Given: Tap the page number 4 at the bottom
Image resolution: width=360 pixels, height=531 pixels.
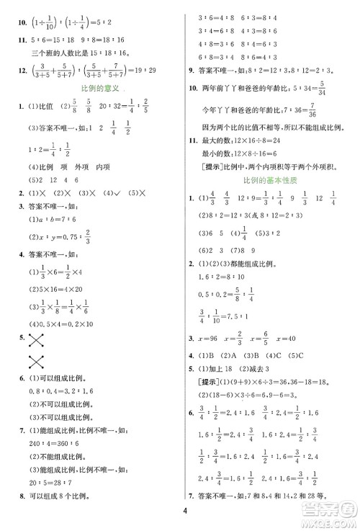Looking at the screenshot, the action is tap(185, 513).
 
